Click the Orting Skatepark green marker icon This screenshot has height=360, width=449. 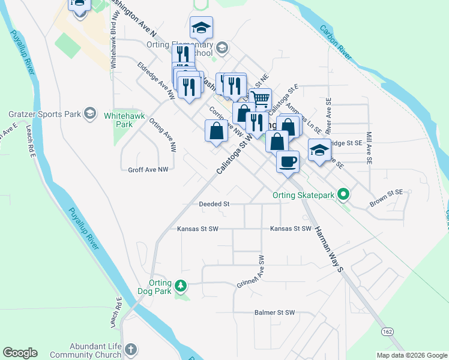click(x=343, y=194)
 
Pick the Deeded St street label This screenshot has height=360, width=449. click(x=214, y=204)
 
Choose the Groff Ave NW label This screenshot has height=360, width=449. click(x=148, y=170)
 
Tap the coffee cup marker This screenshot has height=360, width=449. click(x=288, y=161)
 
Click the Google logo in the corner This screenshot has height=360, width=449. click(x=20, y=353)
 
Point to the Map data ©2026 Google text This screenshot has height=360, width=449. click(x=412, y=355)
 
